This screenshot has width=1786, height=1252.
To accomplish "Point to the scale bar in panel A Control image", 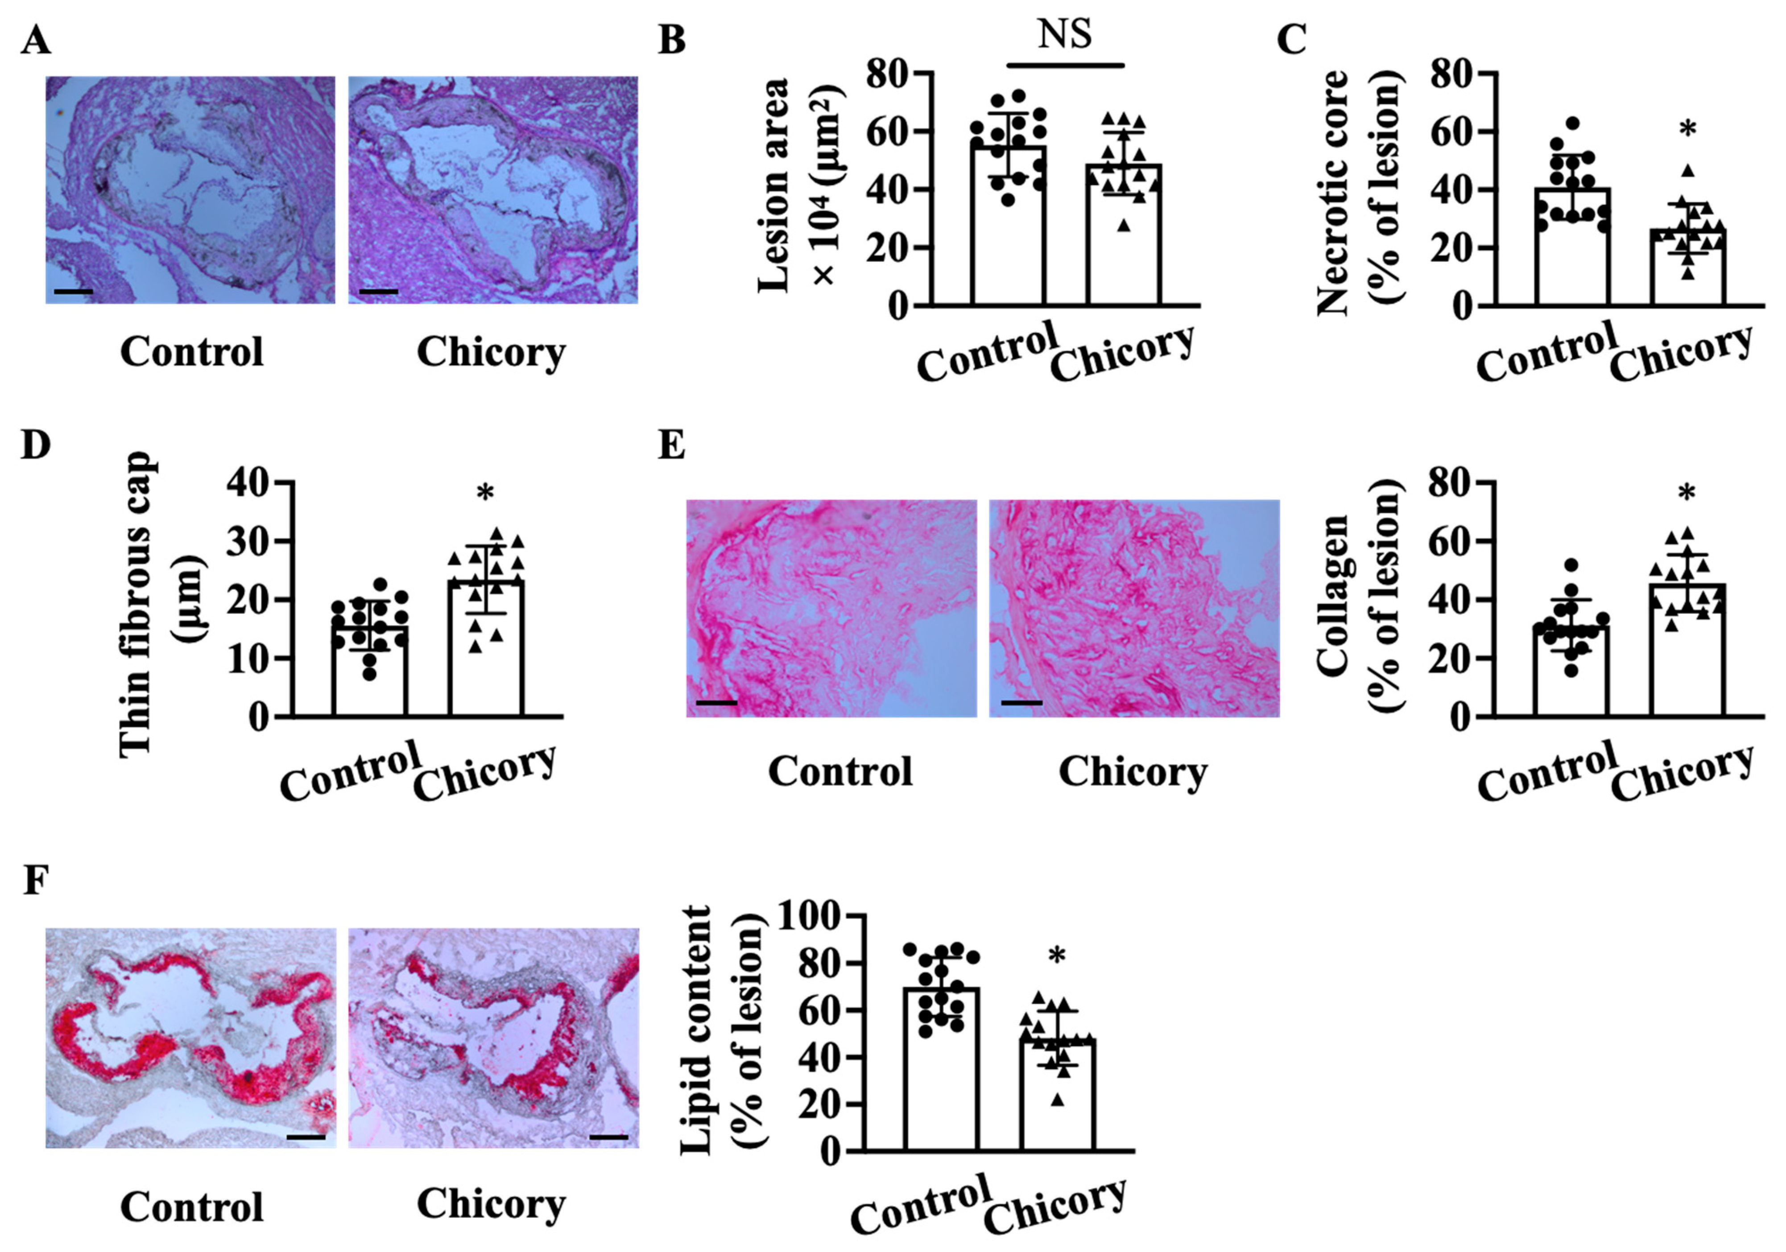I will (74, 292).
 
